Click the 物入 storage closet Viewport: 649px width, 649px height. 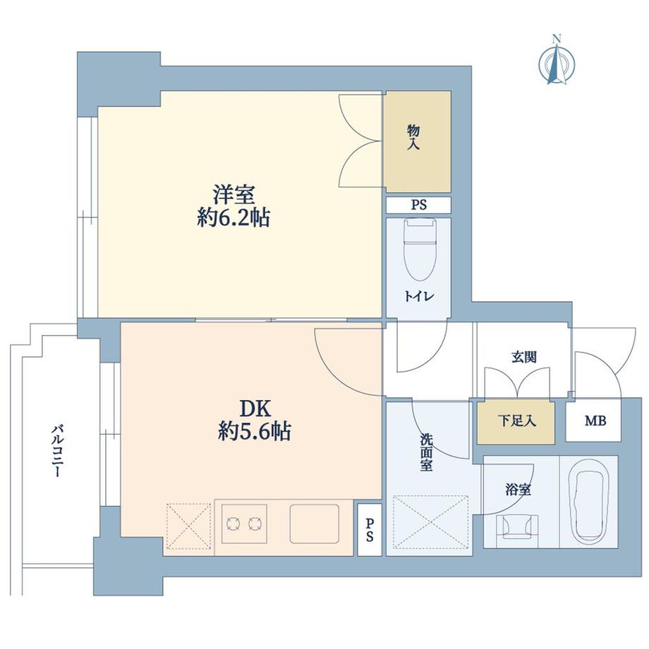click(417, 141)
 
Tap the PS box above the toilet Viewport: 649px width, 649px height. click(418, 205)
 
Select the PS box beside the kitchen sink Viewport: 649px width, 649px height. click(369, 529)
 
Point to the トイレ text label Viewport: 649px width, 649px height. click(418, 297)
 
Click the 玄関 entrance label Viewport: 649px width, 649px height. click(523, 356)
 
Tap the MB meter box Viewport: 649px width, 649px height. click(594, 421)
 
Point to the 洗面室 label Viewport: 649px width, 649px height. click(425, 451)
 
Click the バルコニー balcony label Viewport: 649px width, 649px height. click(54, 451)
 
